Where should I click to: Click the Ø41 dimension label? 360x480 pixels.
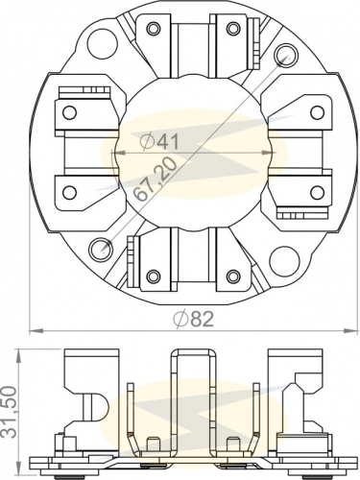[x=158, y=141]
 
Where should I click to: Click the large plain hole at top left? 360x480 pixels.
[x=100, y=43]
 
